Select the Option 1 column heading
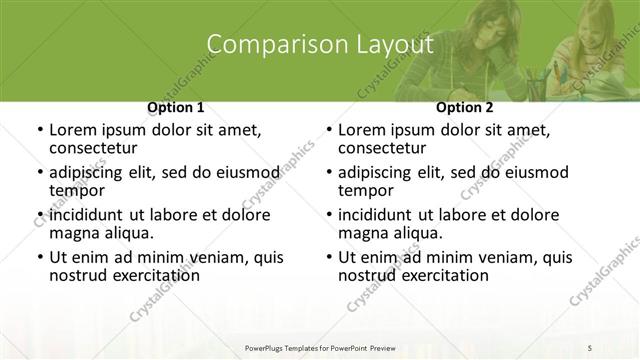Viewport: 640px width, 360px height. (x=176, y=107)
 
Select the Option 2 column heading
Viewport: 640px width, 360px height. (x=465, y=107)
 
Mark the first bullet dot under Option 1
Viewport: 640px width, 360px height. (x=39, y=131)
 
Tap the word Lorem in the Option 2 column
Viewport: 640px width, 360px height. (x=363, y=130)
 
